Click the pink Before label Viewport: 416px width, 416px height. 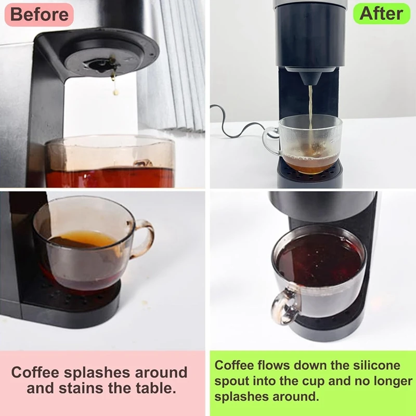pos(39,15)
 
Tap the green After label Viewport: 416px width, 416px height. pos(381,14)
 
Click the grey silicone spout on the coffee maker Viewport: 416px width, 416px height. pos(310,76)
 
